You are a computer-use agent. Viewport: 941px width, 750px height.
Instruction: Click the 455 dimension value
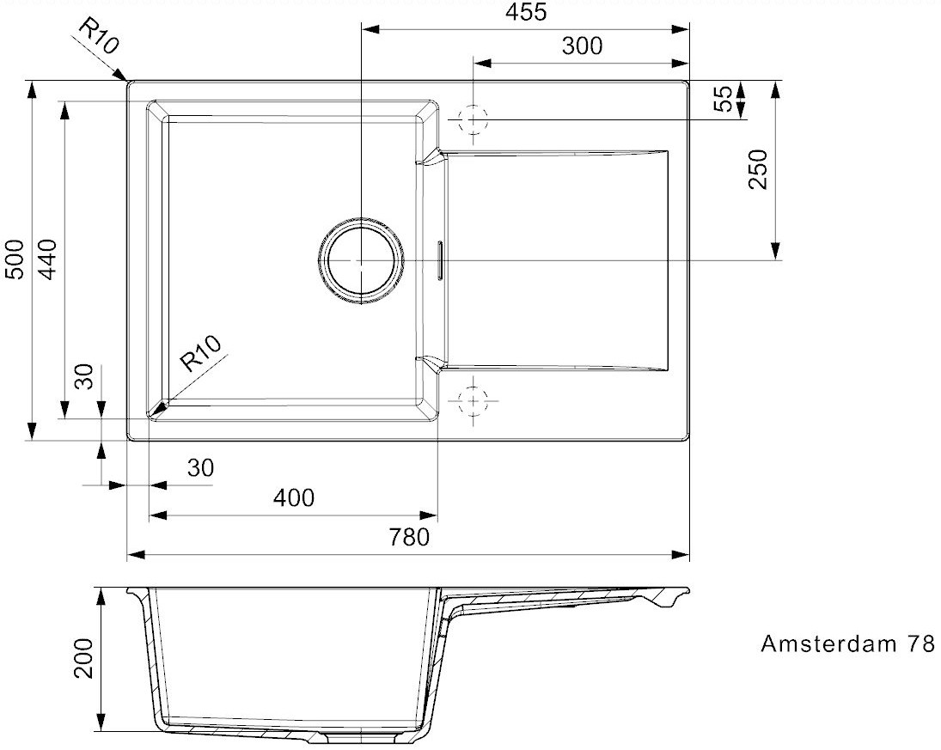point(526,12)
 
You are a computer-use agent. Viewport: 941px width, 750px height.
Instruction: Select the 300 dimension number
point(582,46)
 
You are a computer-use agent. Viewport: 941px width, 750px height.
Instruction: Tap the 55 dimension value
point(724,99)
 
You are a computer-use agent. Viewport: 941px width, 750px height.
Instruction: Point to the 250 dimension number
point(758,169)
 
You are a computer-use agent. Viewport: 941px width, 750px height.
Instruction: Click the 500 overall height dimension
point(15,259)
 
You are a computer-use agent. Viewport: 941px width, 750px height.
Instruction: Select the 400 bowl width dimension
point(293,497)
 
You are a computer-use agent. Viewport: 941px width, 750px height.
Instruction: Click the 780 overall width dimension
point(409,537)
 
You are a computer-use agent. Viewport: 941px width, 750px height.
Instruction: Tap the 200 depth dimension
point(83,658)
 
